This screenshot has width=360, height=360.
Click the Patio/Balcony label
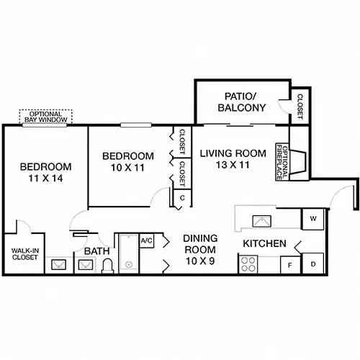tap(241, 101)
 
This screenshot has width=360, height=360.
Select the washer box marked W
tap(313, 217)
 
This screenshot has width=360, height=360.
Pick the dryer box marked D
tap(313, 264)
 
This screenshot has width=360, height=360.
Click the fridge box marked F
tap(289, 264)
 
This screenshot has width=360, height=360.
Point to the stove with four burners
tap(248, 265)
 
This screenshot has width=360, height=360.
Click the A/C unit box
tap(146, 240)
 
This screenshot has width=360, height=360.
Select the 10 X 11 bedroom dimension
tap(127, 168)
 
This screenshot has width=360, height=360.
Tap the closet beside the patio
tap(300, 102)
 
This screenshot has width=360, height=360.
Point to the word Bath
tap(96, 251)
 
